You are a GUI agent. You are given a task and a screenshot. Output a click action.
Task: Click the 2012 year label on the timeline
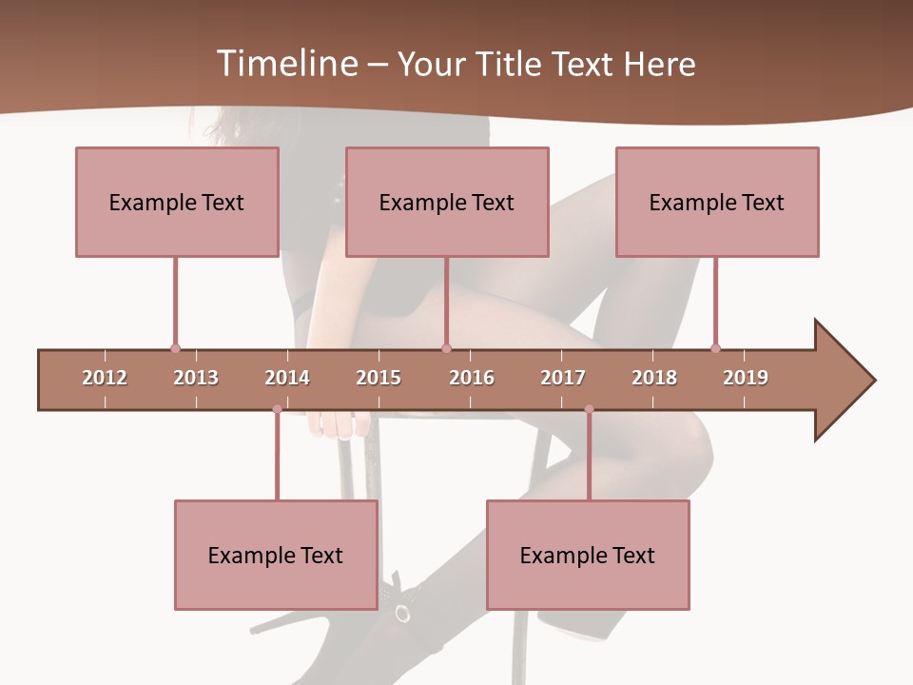tap(105, 378)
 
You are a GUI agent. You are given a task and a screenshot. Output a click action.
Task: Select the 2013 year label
tap(196, 378)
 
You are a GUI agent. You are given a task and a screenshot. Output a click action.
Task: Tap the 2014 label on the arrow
tap(287, 378)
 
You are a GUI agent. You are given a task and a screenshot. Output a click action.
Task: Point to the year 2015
tap(379, 378)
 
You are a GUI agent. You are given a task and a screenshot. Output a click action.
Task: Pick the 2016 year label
tap(472, 378)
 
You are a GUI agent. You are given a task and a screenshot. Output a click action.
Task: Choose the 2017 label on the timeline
tap(563, 378)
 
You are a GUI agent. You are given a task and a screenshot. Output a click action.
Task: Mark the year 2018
tap(654, 378)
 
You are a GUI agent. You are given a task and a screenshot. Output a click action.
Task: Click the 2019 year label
tap(746, 378)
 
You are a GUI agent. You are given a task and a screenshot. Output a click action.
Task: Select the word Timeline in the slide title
tap(284, 64)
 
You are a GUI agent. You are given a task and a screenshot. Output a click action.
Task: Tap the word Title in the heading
tap(511, 64)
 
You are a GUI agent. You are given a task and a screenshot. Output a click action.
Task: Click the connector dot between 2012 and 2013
tap(175, 348)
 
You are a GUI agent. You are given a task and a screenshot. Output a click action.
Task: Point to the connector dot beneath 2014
tap(277, 409)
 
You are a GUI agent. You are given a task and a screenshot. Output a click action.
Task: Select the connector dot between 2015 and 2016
tap(446, 348)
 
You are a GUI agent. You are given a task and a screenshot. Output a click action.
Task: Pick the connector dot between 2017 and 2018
tap(589, 409)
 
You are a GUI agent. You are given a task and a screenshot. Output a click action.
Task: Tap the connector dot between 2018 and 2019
tap(715, 348)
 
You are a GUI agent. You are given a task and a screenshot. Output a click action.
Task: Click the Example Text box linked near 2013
tap(177, 202)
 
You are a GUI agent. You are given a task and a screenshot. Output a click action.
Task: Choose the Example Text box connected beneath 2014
tap(276, 555)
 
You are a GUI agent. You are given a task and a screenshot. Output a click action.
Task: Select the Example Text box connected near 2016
tap(447, 202)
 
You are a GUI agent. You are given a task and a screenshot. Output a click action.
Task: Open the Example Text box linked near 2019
tap(717, 202)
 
